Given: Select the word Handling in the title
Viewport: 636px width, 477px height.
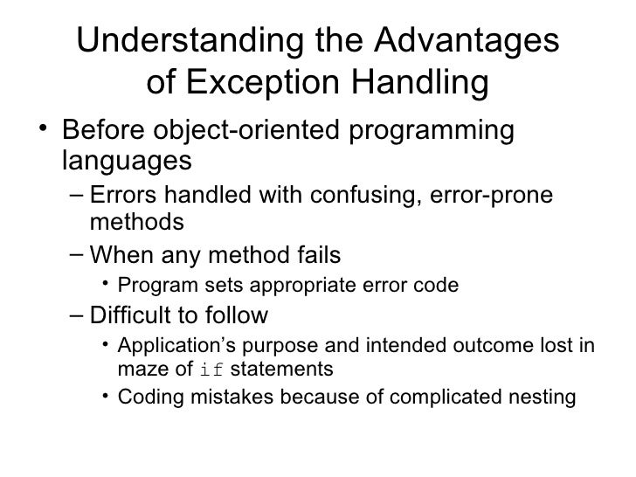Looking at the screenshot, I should coord(427,83).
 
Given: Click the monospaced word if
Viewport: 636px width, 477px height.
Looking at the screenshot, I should coord(212,370).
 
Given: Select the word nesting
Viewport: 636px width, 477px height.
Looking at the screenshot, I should coord(544,397).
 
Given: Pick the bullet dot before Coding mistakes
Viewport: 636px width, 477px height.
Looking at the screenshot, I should coord(105,397).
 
